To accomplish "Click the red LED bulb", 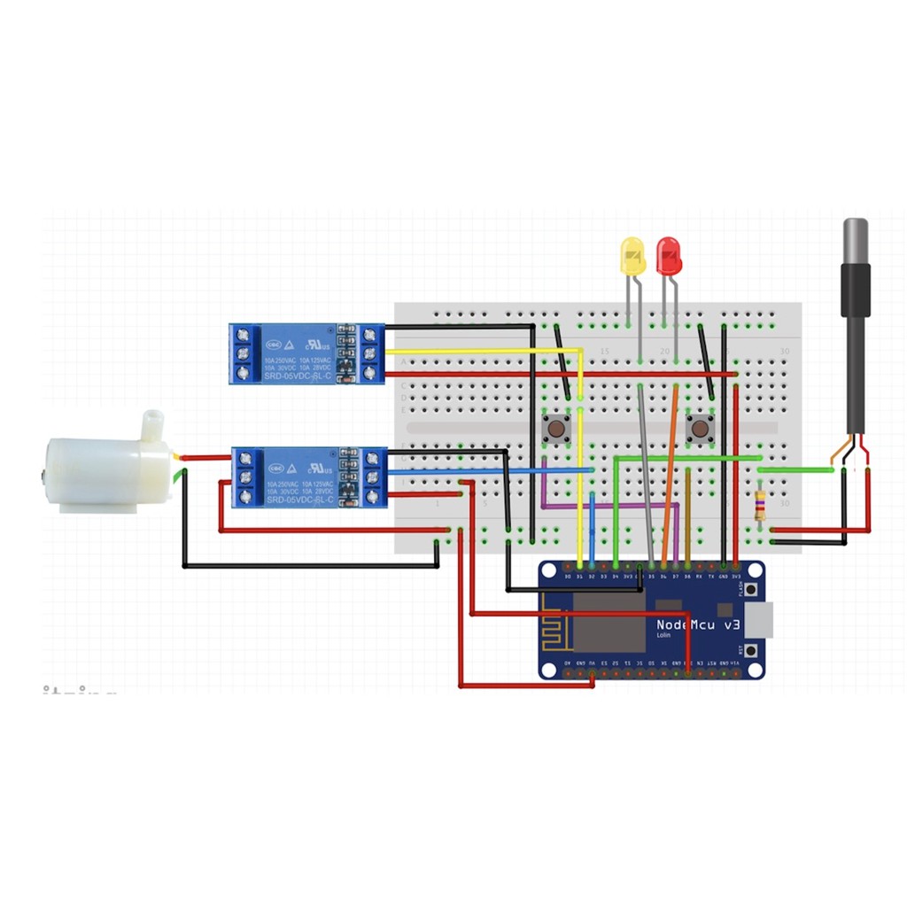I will pyautogui.click(x=669, y=255).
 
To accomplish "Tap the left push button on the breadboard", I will pyautogui.click(x=555, y=430).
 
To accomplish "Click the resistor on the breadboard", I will pyautogui.click(x=760, y=506).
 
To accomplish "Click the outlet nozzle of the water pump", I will pyautogui.click(x=153, y=424).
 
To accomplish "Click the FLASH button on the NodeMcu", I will pyautogui.click(x=752, y=590).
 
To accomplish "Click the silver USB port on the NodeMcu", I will pyautogui.click(x=760, y=619).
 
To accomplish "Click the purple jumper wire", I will pyautogui.click(x=611, y=508).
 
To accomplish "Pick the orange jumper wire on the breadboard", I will pyautogui.click(x=670, y=469).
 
